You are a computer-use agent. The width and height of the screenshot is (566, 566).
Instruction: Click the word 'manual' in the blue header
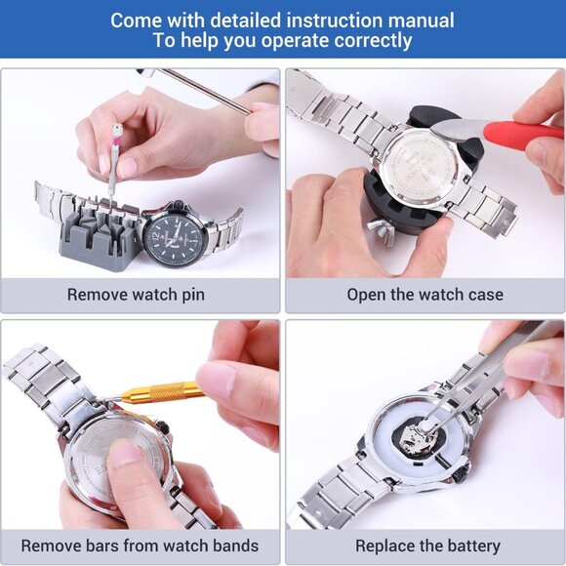[418, 20]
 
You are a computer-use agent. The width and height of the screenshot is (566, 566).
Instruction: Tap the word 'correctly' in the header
[367, 41]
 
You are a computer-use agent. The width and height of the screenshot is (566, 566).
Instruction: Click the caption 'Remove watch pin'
[136, 294]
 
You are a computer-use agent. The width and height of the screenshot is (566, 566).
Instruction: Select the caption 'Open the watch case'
[424, 294]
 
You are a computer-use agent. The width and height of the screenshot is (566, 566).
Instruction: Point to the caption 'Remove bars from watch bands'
[140, 546]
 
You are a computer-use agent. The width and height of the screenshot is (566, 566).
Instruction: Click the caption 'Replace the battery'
[426, 546]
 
